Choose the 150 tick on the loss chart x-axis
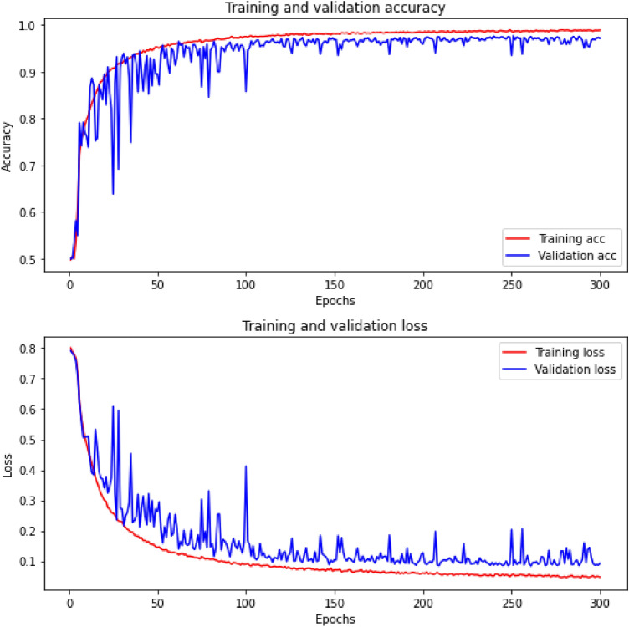(335, 604)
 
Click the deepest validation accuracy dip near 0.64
(113, 194)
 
